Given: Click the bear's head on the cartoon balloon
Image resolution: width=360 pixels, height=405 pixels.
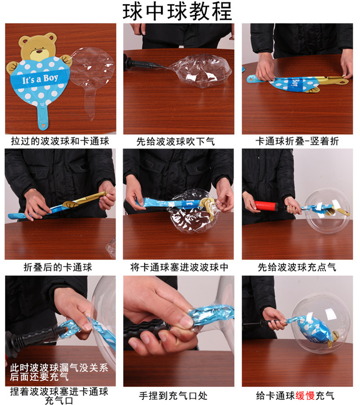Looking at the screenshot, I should (40, 45).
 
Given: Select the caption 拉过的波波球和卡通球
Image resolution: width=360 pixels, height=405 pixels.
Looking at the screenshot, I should (60, 141).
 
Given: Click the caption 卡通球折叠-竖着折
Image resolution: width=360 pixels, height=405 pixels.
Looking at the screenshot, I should (297, 141).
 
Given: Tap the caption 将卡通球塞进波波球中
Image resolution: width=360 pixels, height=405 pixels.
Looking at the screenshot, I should (179, 267).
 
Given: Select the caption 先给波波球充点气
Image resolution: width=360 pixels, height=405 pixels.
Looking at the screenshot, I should (297, 267).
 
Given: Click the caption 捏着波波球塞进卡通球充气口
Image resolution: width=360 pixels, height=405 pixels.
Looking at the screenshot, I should (60, 395).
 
